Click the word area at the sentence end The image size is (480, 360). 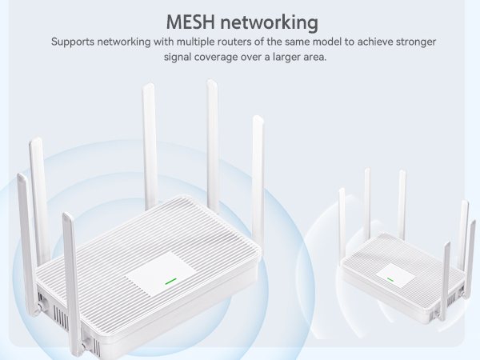click(x=314, y=58)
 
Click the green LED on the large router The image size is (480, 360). click(x=170, y=282)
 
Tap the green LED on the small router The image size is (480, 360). click(x=390, y=279)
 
